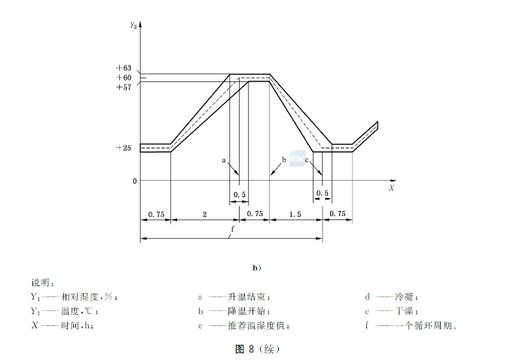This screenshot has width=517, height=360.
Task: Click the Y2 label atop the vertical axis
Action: pos(133,24)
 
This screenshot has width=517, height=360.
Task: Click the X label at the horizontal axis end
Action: pos(391,187)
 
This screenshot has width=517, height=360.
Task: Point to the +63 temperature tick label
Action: pos(124,69)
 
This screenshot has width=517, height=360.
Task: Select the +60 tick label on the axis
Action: pos(124,78)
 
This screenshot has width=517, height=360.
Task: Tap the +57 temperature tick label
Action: pos(124,87)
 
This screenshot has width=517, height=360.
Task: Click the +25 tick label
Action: pos(124,148)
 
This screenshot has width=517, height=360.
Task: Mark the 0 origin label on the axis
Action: pos(134,181)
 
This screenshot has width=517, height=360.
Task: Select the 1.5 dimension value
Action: pos(295,215)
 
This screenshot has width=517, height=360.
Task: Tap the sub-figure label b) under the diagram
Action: pos(257,267)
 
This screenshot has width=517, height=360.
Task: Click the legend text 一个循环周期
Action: pos(429,325)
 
